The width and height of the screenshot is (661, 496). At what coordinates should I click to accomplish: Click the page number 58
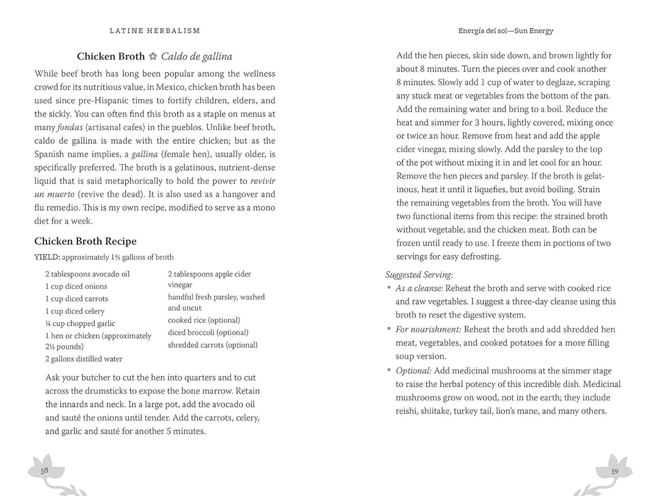pyautogui.click(x=44, y=470)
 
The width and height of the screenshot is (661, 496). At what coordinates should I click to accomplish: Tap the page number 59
pyautogui.click(x=615, y=471)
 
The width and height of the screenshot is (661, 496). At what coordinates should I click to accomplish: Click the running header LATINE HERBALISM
pyautogui.click(x=155, y=31)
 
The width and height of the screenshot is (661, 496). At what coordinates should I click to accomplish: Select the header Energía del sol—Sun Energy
pyautogui.click(x=505, y=31)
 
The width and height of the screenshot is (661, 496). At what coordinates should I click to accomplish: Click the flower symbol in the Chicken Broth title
pyautogui.click(x=153, y=56)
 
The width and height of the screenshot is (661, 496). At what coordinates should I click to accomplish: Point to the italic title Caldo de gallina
pyautogui.click(x=197, y=56)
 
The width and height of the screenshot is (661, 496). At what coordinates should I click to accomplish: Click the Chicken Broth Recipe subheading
pyautogui.click(x=85, y=241)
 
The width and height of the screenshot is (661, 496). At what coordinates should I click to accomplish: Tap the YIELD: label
pyautogui.click(x=47, y=257)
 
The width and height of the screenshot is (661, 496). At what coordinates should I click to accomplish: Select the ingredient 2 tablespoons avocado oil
pyautogui.click(x=87, y=274)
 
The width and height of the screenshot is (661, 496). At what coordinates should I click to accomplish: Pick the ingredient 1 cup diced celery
pyautogui.click(x=75, y=311)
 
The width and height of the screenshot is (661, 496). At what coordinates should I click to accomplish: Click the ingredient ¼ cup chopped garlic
pyautogui.click(x=80, y=323)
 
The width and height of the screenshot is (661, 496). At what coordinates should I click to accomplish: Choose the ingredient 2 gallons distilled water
pyautogui.click(x=84, y=359)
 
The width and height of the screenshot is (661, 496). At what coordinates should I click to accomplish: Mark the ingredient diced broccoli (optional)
pyautogui.click(x=208, y=333)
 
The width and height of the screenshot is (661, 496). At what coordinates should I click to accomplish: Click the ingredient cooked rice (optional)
pyautogui.click(x=204, y=320)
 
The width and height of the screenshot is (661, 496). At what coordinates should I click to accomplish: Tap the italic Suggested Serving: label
pyautogui.click(x=419, y=275)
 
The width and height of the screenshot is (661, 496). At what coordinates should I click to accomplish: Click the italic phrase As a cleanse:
pyautogui.click(x=419, y=288)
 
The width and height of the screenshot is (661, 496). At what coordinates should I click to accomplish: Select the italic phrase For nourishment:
pyautogui.click(x=428, y=329)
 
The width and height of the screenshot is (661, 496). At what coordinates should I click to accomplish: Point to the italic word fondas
pyautogui.click(x=70, y=127)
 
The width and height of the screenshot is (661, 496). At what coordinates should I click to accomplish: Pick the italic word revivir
pyautogui.click(x=263, y=181)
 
